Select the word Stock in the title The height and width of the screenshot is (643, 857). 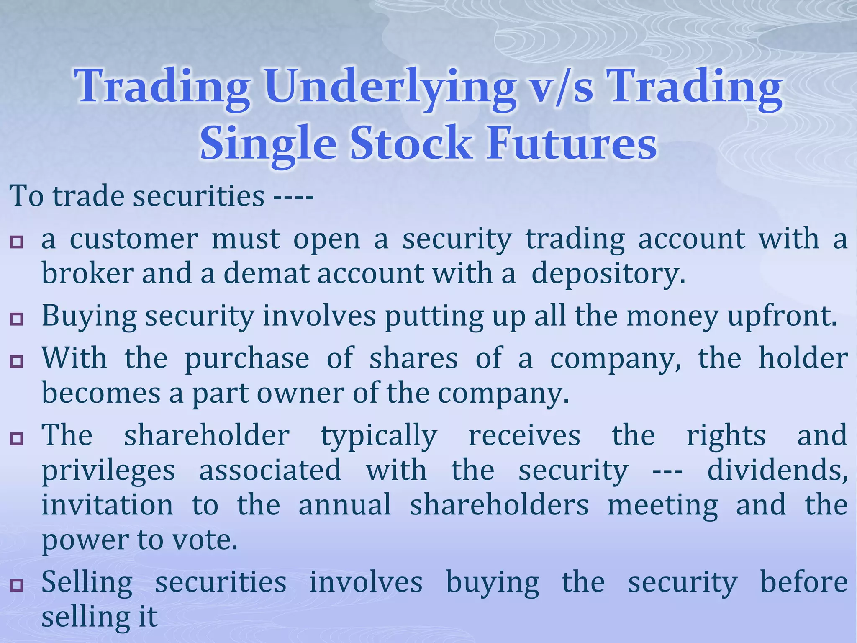tap(411, 144)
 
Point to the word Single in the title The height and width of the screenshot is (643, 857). tap(268, 144)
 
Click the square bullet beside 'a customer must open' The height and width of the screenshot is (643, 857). tap(17, 242)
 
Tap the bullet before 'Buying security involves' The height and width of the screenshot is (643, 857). tap(17, 319)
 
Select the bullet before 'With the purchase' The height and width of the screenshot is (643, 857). tap(17, 361)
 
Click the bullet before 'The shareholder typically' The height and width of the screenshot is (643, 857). tap(17, 439)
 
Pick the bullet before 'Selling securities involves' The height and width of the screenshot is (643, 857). tap(17, 585)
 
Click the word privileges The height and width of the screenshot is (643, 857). tap(108, 471)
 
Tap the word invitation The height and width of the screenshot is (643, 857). tap(107, 505)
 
